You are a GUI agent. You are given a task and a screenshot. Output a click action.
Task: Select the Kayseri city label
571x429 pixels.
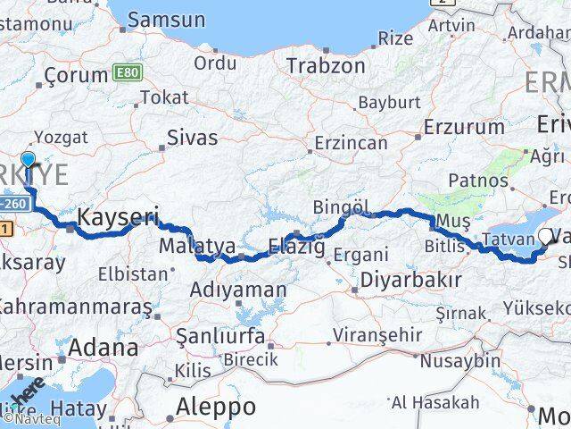119,215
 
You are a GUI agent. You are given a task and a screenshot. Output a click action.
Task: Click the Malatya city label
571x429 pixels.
197,245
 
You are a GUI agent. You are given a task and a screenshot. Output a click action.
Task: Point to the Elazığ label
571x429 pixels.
297,244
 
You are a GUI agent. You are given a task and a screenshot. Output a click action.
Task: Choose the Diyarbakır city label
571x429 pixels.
410,280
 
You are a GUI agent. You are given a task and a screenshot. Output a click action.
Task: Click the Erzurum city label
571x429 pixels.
464,127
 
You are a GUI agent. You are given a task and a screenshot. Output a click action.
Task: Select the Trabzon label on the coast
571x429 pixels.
326,65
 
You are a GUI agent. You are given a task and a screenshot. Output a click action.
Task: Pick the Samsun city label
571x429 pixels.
166,20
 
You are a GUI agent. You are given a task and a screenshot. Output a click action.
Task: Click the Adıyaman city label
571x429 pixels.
238,290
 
